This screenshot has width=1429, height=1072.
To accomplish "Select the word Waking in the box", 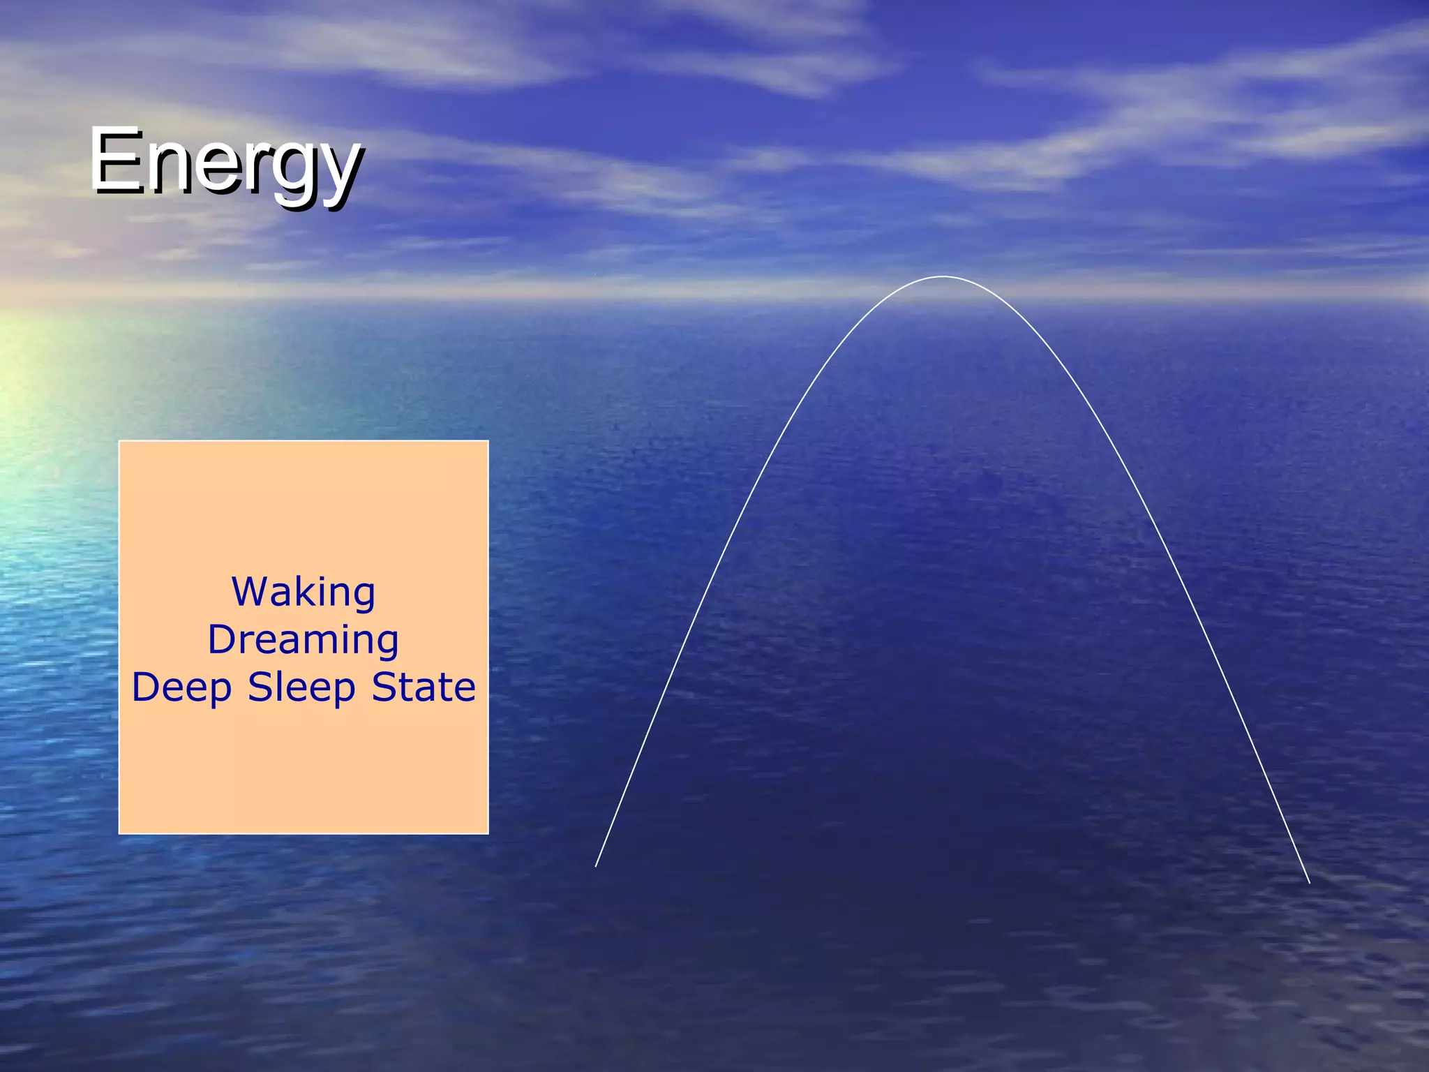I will [304, 593].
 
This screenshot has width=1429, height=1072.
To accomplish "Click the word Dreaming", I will [304, 641].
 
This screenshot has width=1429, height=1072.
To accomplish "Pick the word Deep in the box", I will [181, 688].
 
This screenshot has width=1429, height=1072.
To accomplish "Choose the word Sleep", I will [302, 688].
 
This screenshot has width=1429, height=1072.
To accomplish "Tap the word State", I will [424, 687].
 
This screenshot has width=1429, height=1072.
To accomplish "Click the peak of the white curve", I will [943, 277].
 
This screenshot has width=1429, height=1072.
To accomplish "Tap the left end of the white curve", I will [596, 866].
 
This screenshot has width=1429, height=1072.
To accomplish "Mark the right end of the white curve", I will [1309, 883].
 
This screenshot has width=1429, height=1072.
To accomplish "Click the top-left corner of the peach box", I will [120, 442].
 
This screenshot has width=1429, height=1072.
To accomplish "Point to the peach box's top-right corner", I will [488, 442].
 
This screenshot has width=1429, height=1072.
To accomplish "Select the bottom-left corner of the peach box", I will [120, 833].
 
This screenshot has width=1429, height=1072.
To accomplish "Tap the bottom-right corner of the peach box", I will [488, 833].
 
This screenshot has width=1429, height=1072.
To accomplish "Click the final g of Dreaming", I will [387, 643].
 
